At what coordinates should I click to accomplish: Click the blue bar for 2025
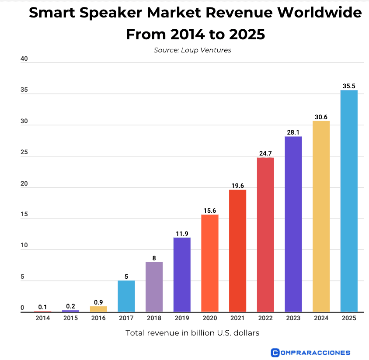(349, 201)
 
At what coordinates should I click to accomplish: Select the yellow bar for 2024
(321, 216)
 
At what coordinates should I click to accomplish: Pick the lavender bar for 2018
(154, 287)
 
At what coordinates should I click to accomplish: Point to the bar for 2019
(182, 274)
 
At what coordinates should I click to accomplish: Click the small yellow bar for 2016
(98, 309)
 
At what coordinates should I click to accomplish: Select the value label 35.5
(349, 86)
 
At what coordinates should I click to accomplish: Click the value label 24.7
(265, 153)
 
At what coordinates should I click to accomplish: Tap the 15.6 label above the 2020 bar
(210, 211)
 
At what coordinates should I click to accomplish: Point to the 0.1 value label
(42, 307)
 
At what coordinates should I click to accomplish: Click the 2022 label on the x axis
(265, 318)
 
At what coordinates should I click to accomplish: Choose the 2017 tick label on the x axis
(126, 318)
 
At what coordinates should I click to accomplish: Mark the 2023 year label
(293, 318)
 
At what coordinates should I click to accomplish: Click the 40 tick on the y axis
(24, 59)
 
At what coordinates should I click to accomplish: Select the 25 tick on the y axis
(24, 152)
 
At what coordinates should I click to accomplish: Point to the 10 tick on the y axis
(24, 246)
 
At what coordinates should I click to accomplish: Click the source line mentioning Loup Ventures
(192, 50)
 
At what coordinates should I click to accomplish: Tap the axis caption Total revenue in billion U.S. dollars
(192, 333)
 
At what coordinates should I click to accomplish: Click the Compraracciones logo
(310, 352)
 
